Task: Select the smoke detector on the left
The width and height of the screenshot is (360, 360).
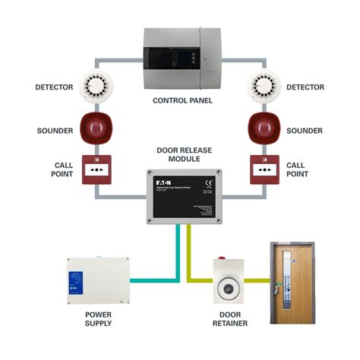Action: click(x=96, y=87)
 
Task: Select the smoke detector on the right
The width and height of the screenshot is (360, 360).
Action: click(x=264, y=87)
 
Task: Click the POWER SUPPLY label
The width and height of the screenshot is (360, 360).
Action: click(x=96, y=318)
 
